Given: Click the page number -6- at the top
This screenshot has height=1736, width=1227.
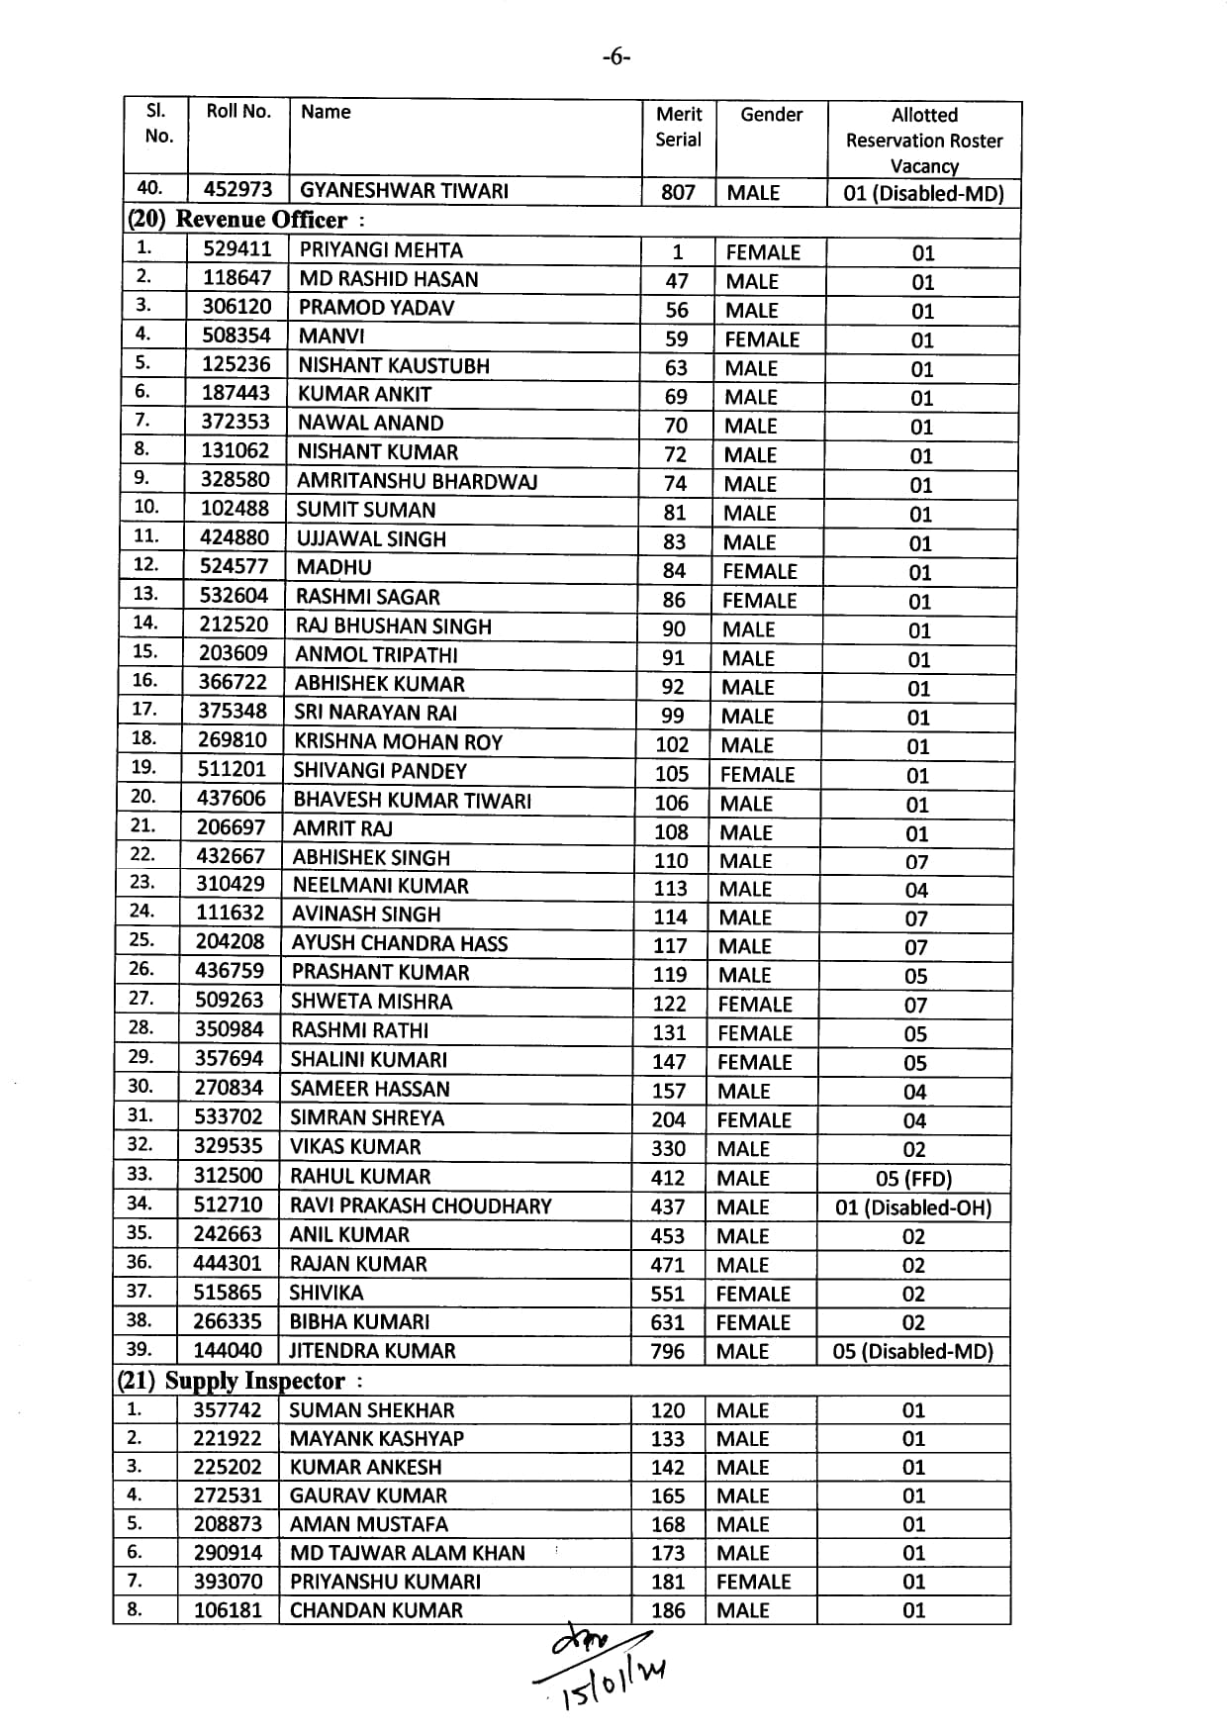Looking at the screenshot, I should [614, 57].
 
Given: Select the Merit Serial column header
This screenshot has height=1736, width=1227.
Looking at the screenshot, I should [678, 127].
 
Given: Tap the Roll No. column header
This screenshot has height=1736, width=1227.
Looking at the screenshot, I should [238, 111].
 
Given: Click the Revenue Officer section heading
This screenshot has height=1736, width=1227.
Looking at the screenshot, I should [245, 220].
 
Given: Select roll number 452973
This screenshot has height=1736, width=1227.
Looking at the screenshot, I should [237, 189].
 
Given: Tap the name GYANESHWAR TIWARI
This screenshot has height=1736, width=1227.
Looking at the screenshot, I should [404, 190].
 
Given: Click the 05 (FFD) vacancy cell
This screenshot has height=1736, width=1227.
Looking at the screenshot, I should [913, 1178].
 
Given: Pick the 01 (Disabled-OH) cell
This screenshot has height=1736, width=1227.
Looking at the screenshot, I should [913, 1207].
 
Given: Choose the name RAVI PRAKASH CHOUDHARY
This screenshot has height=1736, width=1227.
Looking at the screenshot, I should [421, 1206].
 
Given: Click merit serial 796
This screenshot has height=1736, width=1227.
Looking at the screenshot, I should [668, 1351].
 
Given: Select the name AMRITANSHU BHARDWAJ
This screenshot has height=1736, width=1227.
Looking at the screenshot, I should [417, 481].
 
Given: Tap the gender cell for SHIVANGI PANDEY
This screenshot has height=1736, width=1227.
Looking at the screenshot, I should [757, 774].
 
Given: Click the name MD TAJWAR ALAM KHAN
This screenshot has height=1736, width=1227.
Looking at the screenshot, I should [407, 1553].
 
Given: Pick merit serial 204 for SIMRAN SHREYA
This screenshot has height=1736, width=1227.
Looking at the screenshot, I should [669, 1119].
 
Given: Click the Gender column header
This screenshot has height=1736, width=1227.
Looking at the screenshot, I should [771, 115].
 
